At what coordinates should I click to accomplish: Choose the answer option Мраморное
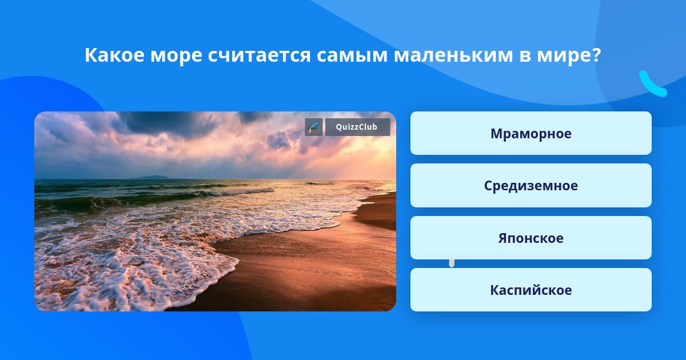(531, 133)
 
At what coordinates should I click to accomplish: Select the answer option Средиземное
(531, 186)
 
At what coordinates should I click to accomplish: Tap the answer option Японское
(531, 238)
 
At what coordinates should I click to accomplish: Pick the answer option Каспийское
(531, 290)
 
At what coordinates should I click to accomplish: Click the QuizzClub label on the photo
(357, 127)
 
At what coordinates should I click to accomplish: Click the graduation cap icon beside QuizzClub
(314, 127)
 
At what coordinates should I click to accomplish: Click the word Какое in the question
(114, 55)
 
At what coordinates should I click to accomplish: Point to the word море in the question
(176, 57)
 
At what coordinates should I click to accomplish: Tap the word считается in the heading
(260, 55)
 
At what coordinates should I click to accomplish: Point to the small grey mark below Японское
(452, 263)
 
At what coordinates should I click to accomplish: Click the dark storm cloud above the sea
(171, 124)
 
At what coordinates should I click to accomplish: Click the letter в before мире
(525, 57)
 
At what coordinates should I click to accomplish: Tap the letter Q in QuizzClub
(339, 127)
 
